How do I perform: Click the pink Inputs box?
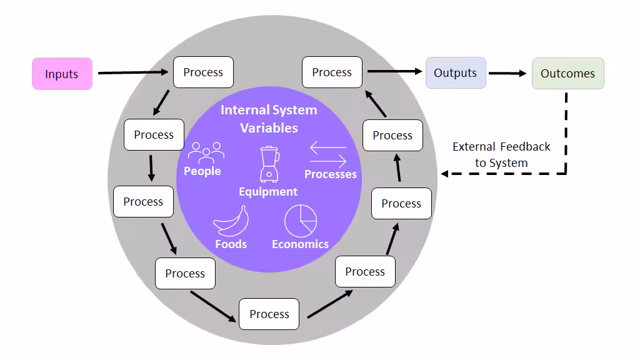pos(62,74)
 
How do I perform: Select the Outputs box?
pos(456,72)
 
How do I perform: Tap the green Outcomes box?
pos(567,74)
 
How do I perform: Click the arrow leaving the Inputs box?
pos(133,72)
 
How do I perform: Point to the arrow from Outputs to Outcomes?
pos(507,74)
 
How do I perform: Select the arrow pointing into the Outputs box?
pos(395,71)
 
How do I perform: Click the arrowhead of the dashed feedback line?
pos(445,174)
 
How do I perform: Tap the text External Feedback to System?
pos(501,155)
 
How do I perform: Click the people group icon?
pos(206,153)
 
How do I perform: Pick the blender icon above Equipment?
pos(270,164)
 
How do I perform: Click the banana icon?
pos(231,221)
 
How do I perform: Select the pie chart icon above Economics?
pos(301,221)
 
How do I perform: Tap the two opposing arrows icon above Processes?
pos(328,154)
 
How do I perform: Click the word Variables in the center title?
pos(269,127)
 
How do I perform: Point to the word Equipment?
pos(268,192)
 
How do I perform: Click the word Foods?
pos(231,244)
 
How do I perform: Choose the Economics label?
pos(301,244)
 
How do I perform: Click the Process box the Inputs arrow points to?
pos(203,72)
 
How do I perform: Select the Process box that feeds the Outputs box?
pos(332,72)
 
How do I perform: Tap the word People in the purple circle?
pos(202,171)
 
